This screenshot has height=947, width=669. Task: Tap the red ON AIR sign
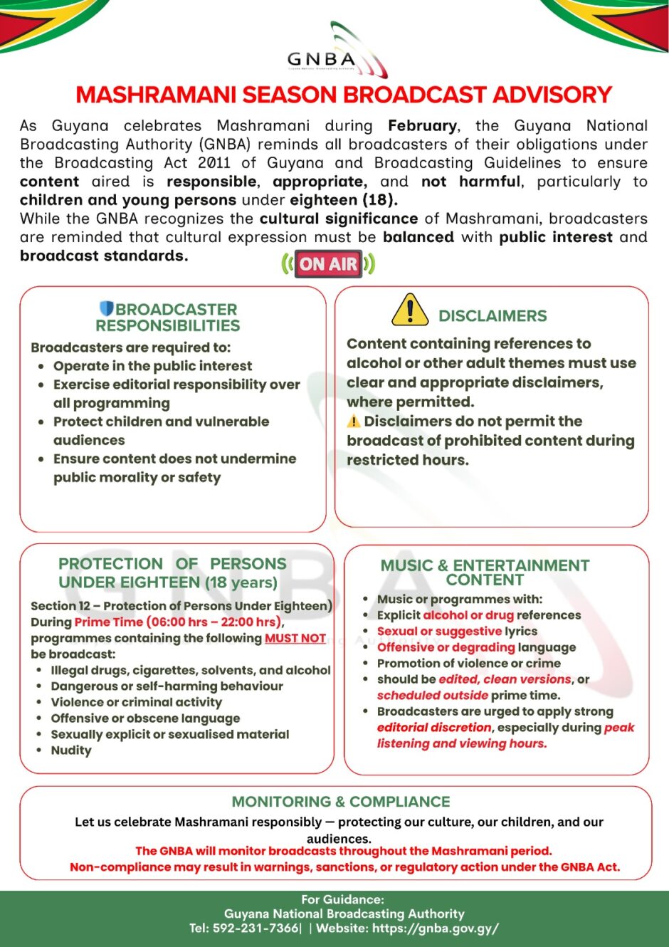point(328,264)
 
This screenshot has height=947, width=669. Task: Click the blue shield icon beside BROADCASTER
point(107,309)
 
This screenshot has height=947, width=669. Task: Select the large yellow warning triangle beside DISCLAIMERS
point(410,310)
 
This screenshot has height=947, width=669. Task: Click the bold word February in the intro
point(422,126)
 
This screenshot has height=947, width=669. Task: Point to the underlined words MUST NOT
point(295,639)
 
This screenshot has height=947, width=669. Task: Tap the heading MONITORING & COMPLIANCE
point(341,802)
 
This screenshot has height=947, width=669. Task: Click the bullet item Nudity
point(71,750)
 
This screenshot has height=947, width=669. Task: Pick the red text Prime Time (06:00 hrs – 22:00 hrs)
point(179,622)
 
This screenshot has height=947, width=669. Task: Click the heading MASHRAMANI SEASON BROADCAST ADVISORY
point(344,95)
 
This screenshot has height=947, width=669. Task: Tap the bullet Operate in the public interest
point(152,366)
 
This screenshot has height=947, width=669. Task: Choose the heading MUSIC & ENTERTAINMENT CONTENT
point(485,572)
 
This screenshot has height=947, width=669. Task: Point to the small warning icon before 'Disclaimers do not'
point(354,422)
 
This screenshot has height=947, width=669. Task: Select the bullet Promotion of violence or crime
point(468,664)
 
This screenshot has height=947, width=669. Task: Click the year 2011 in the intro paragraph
point(214,163)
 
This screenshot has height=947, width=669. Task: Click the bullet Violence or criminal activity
point(136,702)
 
